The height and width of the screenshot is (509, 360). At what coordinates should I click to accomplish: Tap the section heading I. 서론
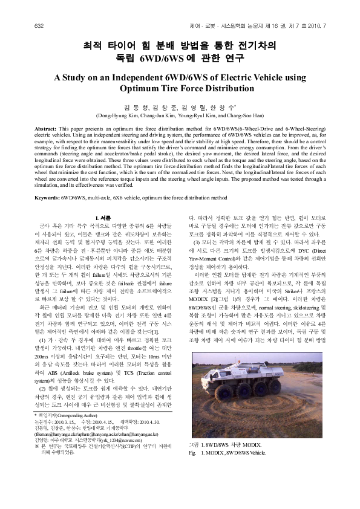pyautogui.click(x=105, y=216)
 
